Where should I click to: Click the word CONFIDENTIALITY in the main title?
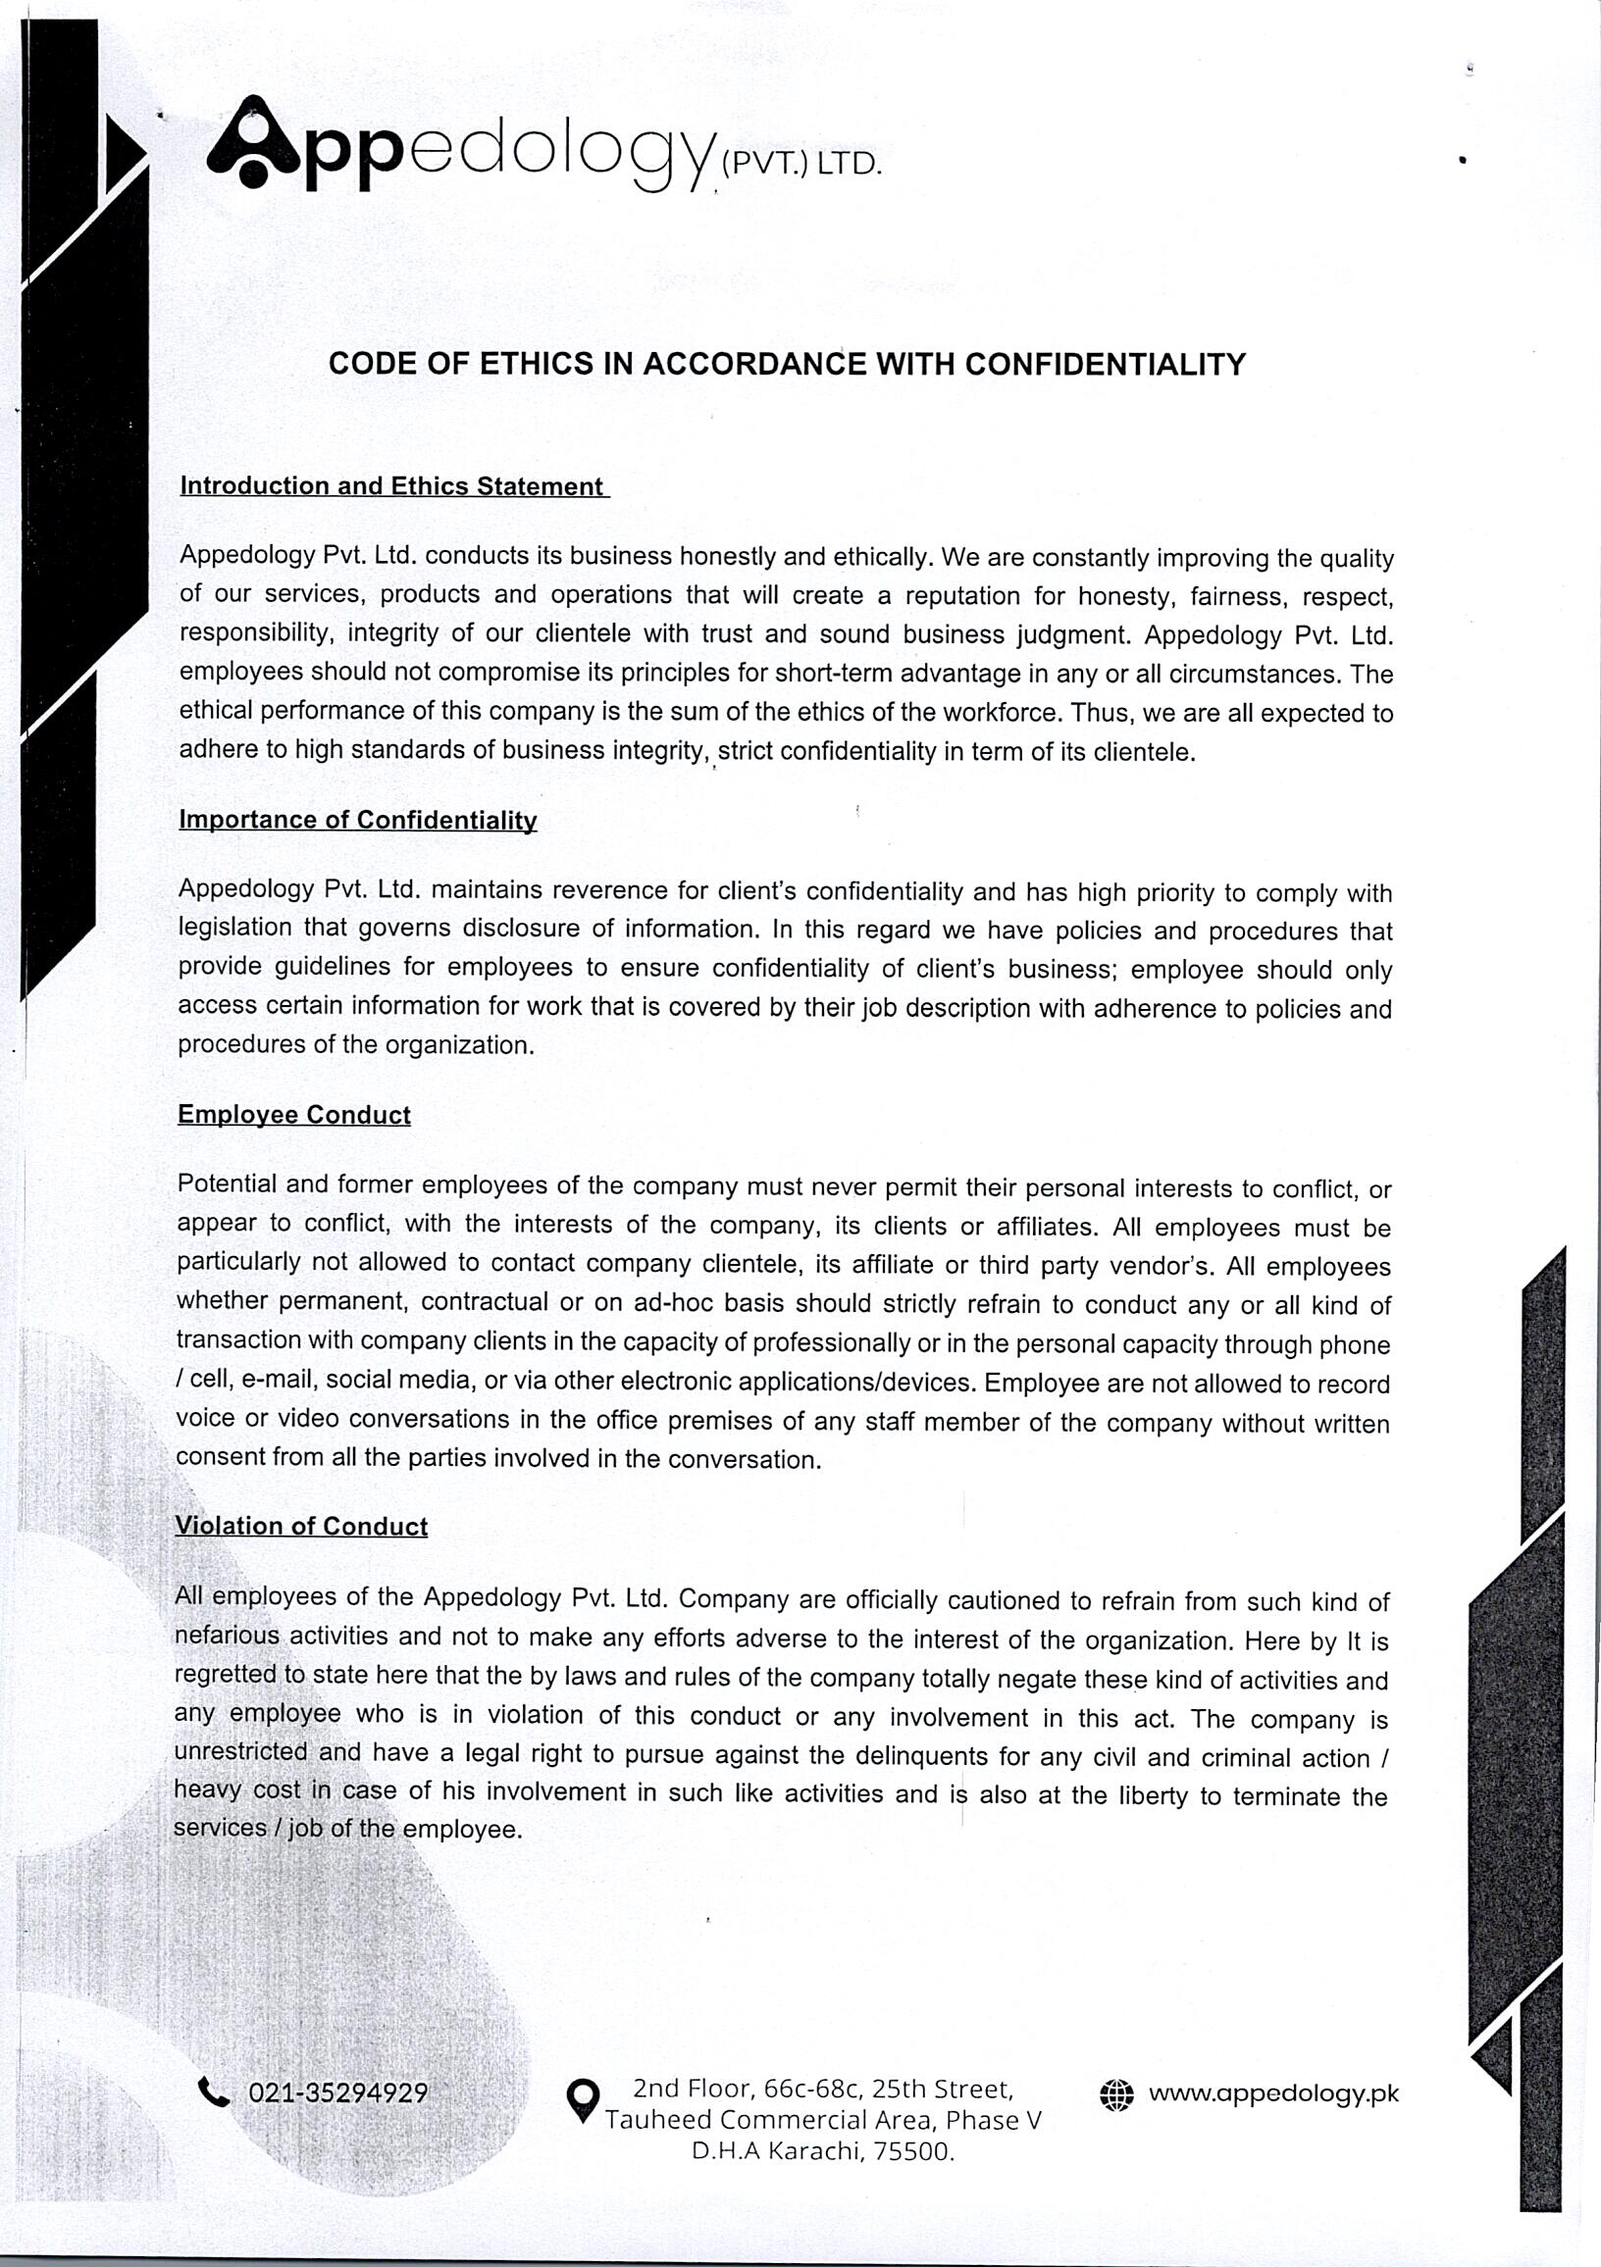pyautogui.click(x=1106, y=365)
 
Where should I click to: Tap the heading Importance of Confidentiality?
pyautogui.click(x=357, y=821)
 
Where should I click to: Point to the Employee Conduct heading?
pyautogui.click(x=293, y=1115)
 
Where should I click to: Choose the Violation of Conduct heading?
pyautogui.click(x=301, y=1526)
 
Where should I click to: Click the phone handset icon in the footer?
pyautogui.click(x=213, y=2091)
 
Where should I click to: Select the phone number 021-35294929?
pyautogui.click(x=337, y=2092)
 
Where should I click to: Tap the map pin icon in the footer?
pyautogui.click(x=583, y=2101)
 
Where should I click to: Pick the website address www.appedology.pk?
pyautogui.click(x=1273, y=2093)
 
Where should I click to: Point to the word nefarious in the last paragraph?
pyautogui.click(x=228, y=1637)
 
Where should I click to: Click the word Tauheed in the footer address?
pyautogui.click(x=659, y=2121)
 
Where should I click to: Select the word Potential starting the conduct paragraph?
pyautogui.click(x=225, y=1184)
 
